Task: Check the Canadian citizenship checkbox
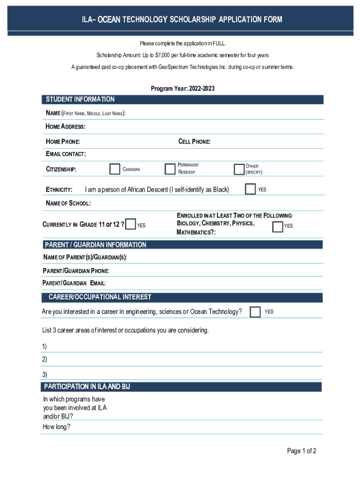tap(115, 169)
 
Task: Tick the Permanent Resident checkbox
tap(170, 169)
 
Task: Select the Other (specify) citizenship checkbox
tap(239, 169)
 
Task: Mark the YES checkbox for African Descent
tap(250, 189)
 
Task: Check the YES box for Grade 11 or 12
tap(131, 225)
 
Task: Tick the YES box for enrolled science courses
tap(278, 226)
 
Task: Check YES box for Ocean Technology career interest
tap(255, 312)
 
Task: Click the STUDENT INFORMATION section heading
tap(80, 99)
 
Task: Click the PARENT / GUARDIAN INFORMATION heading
tap(95, 245)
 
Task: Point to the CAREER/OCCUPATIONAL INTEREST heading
tap(100, 297)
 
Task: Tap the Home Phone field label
tap(63, 142)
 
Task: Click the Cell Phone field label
tap(194, 142)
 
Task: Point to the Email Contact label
tap(65, 154)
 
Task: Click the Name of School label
tap(68, 203)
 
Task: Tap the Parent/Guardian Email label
tap(74, 283)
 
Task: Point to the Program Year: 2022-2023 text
tap(182, 88)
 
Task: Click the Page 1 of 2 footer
tap(302, 451)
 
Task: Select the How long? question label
tap(57, 427)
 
